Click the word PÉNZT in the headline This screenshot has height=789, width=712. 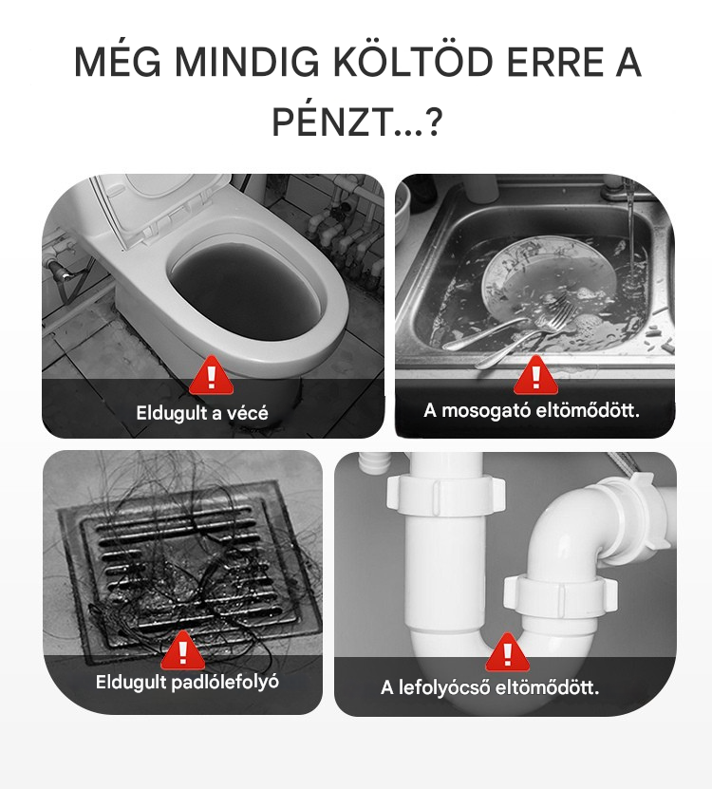(x=331, y=122)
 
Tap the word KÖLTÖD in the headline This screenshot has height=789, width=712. (x=413, y=63)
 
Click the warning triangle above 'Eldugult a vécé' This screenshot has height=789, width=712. (x=212, y=375)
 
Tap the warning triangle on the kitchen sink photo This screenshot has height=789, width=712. (x=535, y=375)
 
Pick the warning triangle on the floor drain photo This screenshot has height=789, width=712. (x=182, y=649)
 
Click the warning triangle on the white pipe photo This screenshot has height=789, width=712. (x=507, y=652)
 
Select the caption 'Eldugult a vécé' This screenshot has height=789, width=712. (x=202, y=413)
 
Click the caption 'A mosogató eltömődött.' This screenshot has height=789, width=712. (x=532, y=410)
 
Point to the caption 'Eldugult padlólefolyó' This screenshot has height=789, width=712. (x=187, y=683)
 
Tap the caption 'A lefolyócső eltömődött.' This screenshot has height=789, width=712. (x=490, y=686)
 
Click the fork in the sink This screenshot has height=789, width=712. (x=523, y=329)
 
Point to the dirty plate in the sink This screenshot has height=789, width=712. (x=549, y=287)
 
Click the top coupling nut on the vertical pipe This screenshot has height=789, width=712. (x=445, y=496)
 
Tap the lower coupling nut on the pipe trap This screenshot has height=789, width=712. (x=560, y=593)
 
